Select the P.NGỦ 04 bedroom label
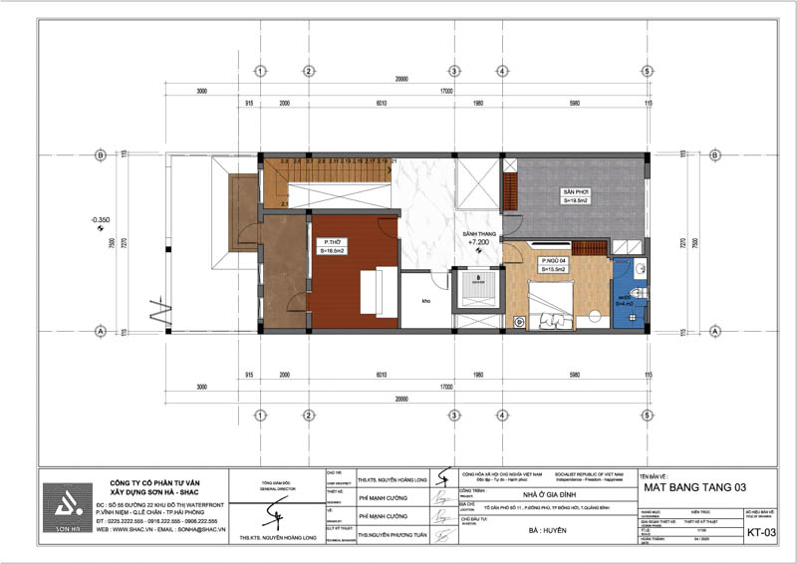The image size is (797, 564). (553, 262)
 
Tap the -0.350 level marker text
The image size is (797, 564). (100, 217)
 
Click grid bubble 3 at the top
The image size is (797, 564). (452, 71)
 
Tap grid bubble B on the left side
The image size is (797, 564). (100, 154)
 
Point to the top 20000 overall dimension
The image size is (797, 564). (401, 80)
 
